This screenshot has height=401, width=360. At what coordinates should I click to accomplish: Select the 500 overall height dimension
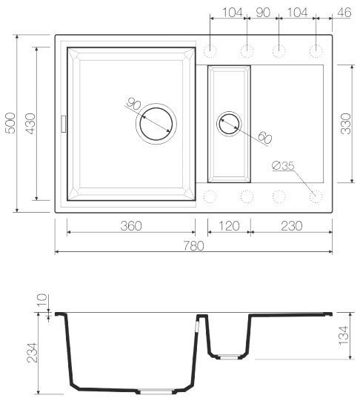click(10, 122)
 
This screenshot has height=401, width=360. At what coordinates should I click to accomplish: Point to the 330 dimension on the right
click(345, 123)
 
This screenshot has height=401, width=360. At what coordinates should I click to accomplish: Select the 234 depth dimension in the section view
click(30, 351)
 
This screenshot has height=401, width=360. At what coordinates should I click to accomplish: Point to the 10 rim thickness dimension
click(41, 301)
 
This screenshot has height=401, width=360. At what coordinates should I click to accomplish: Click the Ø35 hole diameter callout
click(283, 167)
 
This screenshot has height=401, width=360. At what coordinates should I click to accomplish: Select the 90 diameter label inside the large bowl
click(134, 105)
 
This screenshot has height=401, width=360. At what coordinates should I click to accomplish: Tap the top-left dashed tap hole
click(210, 50)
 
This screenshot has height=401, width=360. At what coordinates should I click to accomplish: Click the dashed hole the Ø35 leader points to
click(316, 196)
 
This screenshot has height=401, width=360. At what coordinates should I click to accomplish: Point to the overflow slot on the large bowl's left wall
click(63, 123)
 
